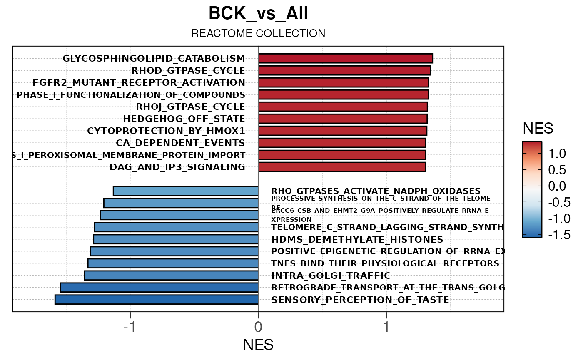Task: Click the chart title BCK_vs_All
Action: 258,14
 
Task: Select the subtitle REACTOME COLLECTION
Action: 258,34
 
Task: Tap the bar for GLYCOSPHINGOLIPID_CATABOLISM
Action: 345,58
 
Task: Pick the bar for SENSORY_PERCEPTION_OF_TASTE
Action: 157,300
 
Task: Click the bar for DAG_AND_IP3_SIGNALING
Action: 342,167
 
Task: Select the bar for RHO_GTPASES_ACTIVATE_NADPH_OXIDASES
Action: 186,191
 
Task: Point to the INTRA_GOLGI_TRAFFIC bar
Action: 171,276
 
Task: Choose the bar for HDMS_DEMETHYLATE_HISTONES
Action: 176,239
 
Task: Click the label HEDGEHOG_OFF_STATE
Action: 184,119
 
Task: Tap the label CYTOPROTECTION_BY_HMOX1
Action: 166,131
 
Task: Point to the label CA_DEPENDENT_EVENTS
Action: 180,143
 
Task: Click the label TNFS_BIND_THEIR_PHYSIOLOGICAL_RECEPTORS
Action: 385,263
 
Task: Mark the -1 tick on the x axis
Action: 130,328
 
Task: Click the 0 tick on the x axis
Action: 258,328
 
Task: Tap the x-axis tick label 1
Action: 386,328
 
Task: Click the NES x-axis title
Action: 258,345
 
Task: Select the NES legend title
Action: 538,129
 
